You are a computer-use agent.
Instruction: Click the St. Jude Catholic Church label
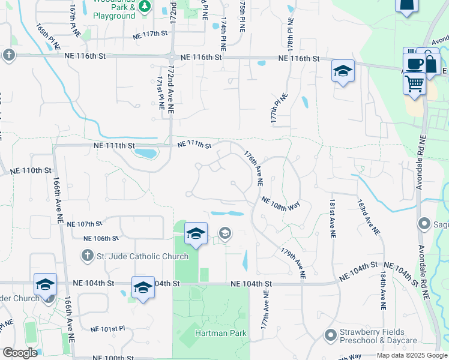(x=137, y=256)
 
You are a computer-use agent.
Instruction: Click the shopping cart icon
(x=414, y=84)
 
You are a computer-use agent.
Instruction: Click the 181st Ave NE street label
(x=331, y=219)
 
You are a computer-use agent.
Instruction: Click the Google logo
(x=20, y=352)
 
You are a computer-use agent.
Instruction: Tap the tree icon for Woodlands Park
(x=144, y=6)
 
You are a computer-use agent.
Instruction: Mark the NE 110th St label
(x=31, y=170)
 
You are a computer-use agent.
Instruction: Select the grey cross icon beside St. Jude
(x=87, y=256)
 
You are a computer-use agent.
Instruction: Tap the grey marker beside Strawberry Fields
(x=330, y=335)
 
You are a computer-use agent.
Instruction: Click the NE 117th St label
(x=149, y=34)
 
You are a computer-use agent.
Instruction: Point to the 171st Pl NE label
(x=160, y=92)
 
